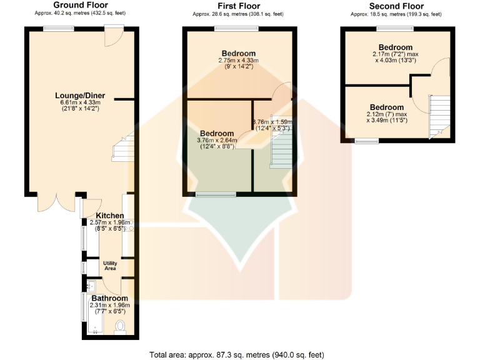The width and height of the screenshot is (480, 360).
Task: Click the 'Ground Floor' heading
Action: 78,5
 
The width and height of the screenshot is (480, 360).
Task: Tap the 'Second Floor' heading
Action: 396,6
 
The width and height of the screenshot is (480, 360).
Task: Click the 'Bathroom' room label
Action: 110,298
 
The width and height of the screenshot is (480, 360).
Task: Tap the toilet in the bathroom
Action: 121,326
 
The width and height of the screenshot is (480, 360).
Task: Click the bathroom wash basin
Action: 91,286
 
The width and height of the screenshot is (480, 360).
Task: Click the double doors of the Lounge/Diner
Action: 58,201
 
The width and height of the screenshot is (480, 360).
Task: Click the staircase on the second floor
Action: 438,116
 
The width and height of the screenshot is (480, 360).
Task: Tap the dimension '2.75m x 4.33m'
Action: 238,60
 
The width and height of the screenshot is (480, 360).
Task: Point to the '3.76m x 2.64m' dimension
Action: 217,140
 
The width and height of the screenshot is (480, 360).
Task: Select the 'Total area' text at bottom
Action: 237,354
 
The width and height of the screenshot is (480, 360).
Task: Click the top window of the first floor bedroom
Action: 236,27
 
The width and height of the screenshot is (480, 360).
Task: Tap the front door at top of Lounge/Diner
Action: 112,36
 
